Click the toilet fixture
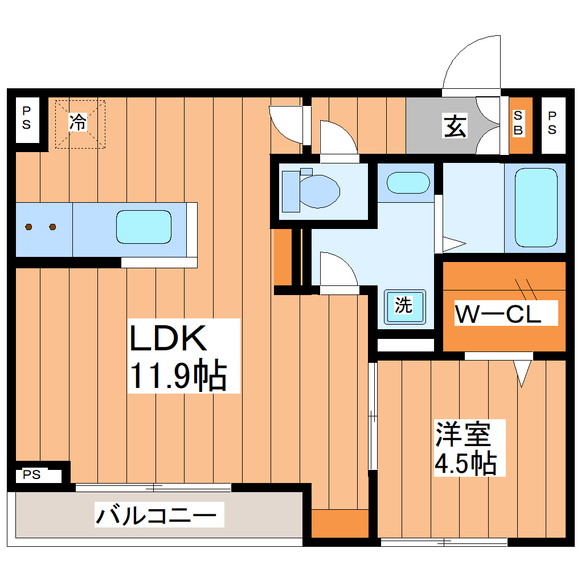(x=312, y=190)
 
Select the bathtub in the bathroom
(x=536, y=207)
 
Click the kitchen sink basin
(x=144, y=227)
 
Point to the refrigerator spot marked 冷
(x=80, y=122)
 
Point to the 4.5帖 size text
(x=465, y=464)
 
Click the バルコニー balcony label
(x=156, y=516)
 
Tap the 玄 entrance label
(x=455, y=126)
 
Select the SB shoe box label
(x=518, y=123)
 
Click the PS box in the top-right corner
(x=552, y=123)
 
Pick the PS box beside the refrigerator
(x=27, y=117)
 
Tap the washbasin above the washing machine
(x=408, y=183)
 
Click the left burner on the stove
(x=29, y=227)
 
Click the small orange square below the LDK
(x=340, y=523)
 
